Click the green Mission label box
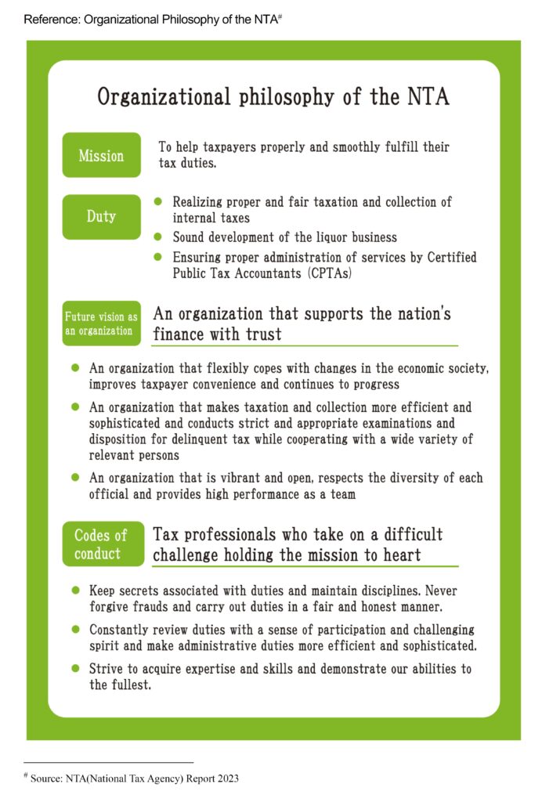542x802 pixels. (x=101, y=155)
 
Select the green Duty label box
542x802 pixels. (x=101, y=216)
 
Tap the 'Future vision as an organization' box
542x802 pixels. (x=101, y=323)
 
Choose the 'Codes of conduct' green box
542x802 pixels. (x=101, y=544)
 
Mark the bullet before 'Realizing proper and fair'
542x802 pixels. (x=157, y=202)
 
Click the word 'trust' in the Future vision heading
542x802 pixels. (x=262, y=334)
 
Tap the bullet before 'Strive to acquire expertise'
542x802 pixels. (x=75, y=669)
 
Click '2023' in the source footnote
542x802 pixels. (x=225, y=779)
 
